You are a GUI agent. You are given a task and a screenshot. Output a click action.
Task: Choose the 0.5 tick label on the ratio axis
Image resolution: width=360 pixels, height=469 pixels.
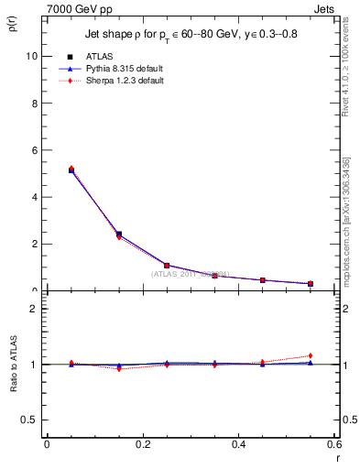point(29,420)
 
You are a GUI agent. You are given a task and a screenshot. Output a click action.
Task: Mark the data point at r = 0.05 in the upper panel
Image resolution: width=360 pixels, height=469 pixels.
point(71,170)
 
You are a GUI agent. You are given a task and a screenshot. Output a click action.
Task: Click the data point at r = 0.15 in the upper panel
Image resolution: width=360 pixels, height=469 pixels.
point(119,234)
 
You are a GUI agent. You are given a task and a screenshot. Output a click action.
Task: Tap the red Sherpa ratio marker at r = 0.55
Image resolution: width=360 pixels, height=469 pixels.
point(311,355)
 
